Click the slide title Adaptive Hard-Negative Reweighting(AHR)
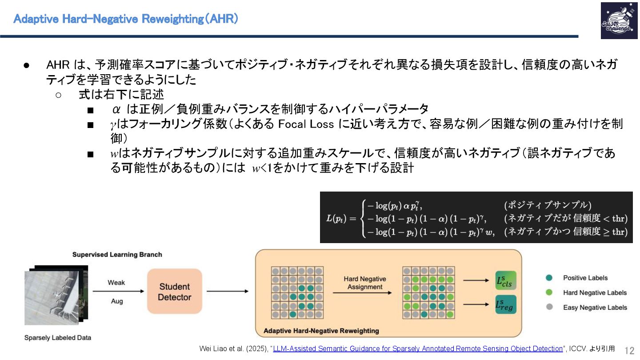(x=126, y=19)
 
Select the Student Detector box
(x=175, y=292)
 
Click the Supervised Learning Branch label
(x=117, y=255)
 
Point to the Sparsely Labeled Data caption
(x=58, y=338)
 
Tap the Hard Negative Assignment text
(x=365, y=283)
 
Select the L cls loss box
(x=506, y=280)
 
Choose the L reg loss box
(x=506, y=304)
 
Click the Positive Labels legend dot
(x=549, y=278)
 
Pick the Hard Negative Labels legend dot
(x=549, y=292)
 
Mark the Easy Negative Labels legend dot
(x=549, y=307)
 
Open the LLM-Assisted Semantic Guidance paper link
(x=417, y=348)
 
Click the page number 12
(x=629, y=350)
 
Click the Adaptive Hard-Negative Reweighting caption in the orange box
(x=321, y=331)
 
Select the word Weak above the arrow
(x=116, y=283)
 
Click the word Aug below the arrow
(x=117, y=301)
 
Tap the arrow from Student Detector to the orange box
(x=227, y=292)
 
